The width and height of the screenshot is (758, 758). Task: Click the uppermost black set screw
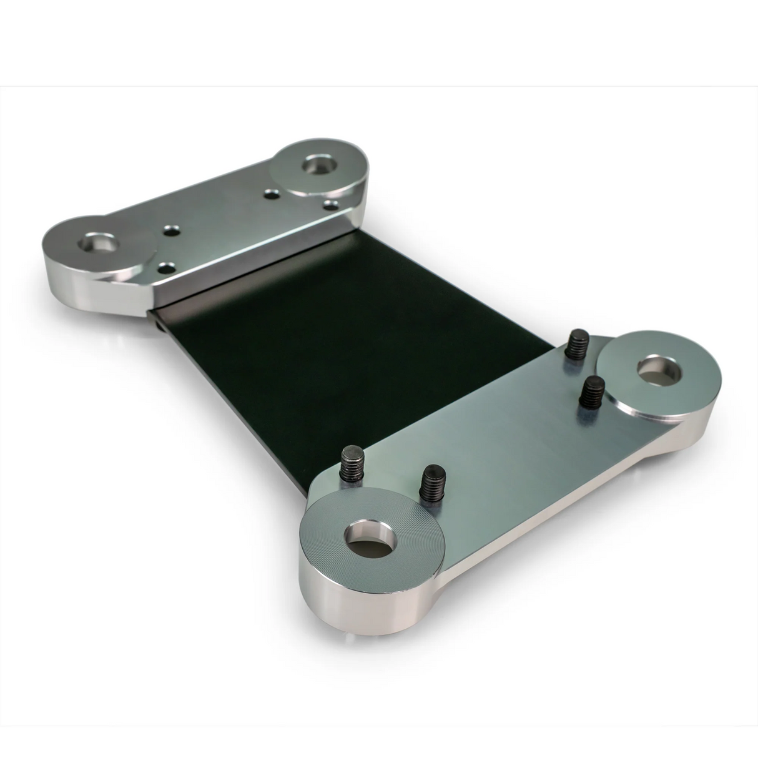575,345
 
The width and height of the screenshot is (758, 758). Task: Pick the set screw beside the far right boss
589,392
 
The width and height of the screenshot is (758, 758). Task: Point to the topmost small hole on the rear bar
271,194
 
